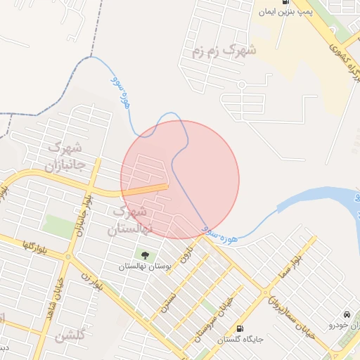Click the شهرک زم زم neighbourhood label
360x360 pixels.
tap(224, 51)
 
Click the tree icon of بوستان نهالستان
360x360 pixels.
tap(145, 255)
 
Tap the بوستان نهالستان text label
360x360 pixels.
tap(145, 267)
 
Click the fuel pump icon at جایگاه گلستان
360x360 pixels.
tap(240, 328)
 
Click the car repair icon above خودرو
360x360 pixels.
tap(347, 314)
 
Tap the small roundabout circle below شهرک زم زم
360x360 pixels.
tap(241, 84)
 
